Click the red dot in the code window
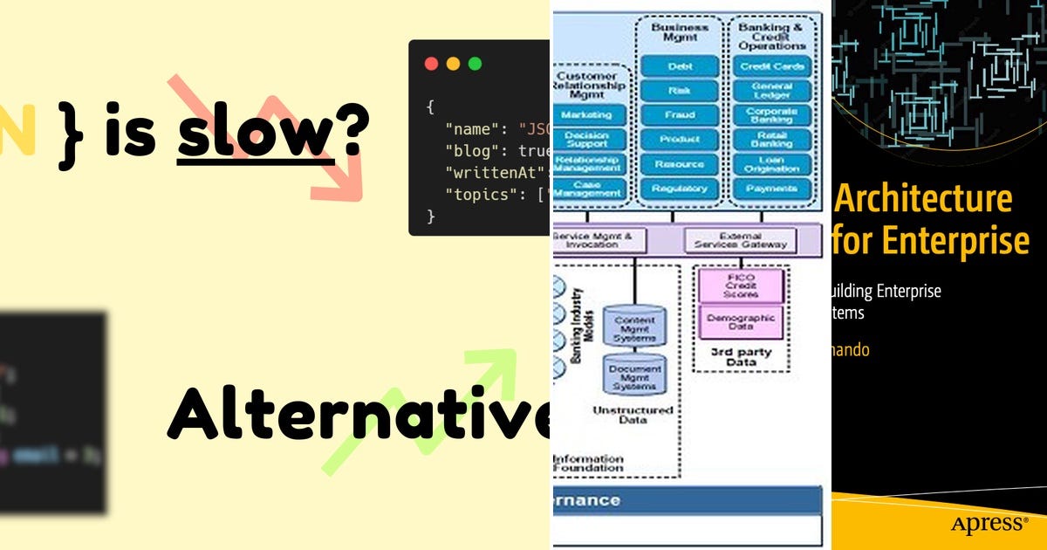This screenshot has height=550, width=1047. point(430,64)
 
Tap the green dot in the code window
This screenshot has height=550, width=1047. point(475,64)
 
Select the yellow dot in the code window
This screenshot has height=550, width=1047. point(452,64)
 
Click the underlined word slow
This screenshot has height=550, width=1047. point(256,137)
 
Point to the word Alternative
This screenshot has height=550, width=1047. point(358,413)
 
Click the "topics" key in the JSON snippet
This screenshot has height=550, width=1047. point(478,194)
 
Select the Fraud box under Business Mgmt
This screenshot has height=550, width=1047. point(681,114)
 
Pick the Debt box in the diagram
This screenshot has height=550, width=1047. point(681,66)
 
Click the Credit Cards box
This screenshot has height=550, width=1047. point(772,66)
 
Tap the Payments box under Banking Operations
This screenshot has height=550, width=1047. point(772,188)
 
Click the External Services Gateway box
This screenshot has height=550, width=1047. point(740,239)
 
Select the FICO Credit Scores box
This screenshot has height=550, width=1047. point(741,285)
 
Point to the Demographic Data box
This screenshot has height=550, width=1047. point(741,322)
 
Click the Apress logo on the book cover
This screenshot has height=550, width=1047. point(989,523)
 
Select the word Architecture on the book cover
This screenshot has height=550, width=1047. point(924,200)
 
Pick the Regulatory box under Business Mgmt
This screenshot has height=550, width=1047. point(681,188)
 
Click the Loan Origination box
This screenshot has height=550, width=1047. point(772,163)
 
